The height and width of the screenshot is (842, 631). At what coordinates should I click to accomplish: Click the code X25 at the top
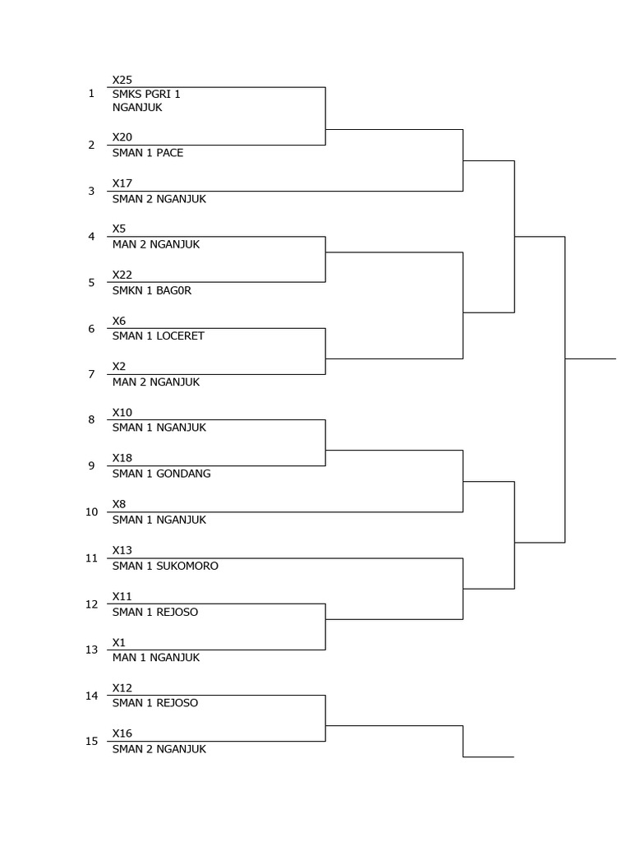point(122,80)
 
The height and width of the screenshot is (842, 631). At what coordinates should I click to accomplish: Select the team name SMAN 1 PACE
point(148,153)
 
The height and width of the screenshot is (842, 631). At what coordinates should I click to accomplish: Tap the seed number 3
point(92,191)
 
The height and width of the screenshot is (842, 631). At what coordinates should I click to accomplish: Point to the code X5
point(119,229)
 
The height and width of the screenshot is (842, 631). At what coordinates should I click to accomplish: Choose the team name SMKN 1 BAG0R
point(152,290)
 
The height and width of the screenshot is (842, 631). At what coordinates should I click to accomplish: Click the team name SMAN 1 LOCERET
point(159,335)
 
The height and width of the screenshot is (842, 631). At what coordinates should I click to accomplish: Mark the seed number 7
point(92,374)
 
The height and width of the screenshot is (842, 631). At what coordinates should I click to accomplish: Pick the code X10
point(122,412)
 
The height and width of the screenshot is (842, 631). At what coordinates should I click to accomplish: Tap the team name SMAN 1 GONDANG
point(161,474)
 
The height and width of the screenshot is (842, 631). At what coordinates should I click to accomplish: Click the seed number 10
point(92,511)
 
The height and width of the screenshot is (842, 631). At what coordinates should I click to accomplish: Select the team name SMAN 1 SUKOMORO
point(165,566)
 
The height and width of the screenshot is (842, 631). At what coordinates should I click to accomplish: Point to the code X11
point(122,596)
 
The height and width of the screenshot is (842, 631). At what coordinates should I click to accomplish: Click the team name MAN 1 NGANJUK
point(156,657)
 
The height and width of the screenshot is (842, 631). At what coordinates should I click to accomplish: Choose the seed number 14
point(92,696)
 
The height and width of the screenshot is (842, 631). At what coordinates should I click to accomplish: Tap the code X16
point(122,733)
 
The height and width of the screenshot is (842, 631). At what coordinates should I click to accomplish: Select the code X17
point(122,183)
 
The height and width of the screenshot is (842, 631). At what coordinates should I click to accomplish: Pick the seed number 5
point(92,282)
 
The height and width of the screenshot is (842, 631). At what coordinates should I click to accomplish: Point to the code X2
point(119,366)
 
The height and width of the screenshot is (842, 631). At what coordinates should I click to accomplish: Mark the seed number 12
point(92,604)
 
